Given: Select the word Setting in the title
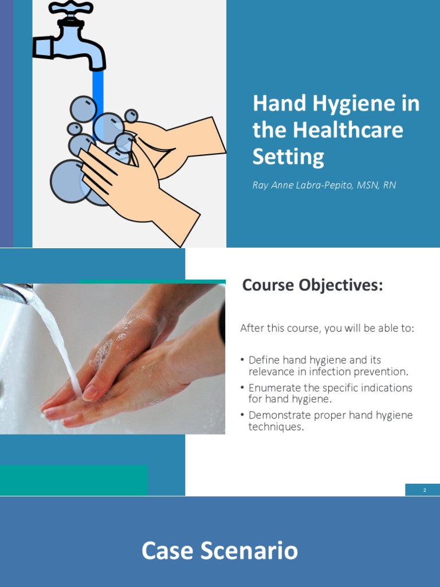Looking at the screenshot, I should [288, 156].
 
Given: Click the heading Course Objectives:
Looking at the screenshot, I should [312, 285].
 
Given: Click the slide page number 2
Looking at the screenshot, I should [425, 490].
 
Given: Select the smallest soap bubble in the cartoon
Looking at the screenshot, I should [131, 116].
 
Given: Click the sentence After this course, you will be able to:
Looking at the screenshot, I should [327, 328].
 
